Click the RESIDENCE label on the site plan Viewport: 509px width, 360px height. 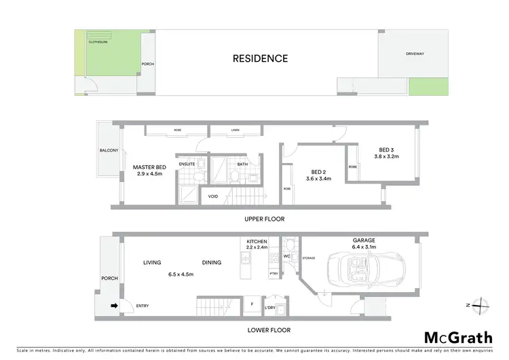pos(260,58)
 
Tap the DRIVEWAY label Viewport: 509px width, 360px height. pos(415,53)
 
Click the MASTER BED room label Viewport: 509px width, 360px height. pos(149,167)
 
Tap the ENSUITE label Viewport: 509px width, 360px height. pos(187,164)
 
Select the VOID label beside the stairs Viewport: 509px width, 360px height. pos(213,197)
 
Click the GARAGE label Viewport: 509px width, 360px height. pos(363,240)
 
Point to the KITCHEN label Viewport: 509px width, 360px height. pos(257,242)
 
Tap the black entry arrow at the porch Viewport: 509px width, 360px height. pos(114,306)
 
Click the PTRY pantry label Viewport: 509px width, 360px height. pos(274,274)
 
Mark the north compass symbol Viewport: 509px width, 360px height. pos(482,305)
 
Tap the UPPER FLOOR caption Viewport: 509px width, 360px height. pos(265,219)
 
